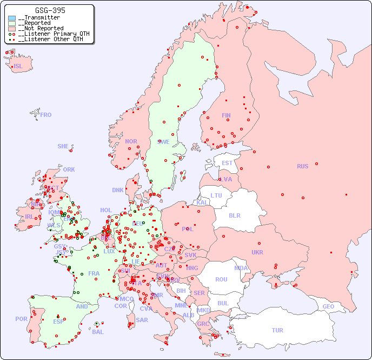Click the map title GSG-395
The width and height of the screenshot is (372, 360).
point(50,10)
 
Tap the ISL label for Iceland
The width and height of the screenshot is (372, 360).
point(18,67)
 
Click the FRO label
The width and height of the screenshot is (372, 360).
point(46,115)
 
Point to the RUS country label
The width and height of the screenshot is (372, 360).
point(302,166)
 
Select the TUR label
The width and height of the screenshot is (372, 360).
point(277,330)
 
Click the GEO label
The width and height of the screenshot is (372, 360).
point(328,306)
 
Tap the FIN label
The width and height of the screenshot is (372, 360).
point(226,115)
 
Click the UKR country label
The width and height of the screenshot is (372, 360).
point(257,252)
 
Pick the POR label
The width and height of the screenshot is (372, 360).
point(21,319)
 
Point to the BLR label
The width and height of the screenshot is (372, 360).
point(235,215)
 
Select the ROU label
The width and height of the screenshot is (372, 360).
point(221,279)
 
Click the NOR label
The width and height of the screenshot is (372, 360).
point(131,141)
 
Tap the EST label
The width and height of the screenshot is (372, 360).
point(227,163)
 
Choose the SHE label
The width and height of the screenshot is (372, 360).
point(63,146)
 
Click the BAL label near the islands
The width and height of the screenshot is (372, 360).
point(98,332)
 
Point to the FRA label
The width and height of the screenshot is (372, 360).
point(94,273)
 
